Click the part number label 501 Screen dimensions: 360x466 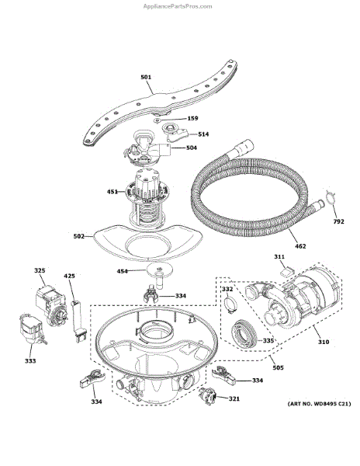[x=146, y=77]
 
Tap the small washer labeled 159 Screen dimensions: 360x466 [x=157, y=120]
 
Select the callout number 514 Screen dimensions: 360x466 [x=203, y=134]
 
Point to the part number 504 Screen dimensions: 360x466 [x=192, y=148]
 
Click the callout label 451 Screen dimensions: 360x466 [x=112, y=192]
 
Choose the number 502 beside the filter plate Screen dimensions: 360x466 [x=79, y=237]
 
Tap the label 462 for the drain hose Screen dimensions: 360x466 [x=300, y=246]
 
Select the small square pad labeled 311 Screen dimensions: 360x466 [x=286, y=272]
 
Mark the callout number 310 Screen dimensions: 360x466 [x=324, y=342]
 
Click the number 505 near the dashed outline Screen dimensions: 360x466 [x=278, y=368]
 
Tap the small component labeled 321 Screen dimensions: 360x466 [x=208, y=396]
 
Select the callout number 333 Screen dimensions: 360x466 [x=30, y=361]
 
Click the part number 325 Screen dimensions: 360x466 [x=40, y=271]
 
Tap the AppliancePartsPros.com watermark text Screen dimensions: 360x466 [x=178, y=6]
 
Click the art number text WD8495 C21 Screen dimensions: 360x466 [x=331, y=404]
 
